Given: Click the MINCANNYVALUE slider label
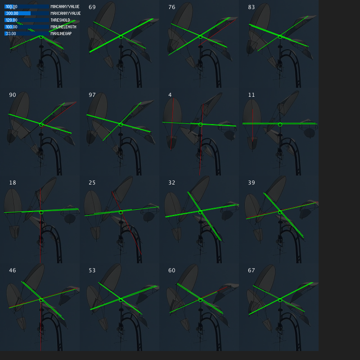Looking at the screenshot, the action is [x=65, y=7].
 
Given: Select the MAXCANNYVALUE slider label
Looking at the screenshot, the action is [x=65, y=13].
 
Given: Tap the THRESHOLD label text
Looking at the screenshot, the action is [x=60, y=20].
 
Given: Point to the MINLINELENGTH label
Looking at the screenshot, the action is [x=63, y=27].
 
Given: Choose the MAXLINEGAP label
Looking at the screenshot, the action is [x=61, y=34].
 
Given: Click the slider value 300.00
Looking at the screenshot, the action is [x=12, y=13].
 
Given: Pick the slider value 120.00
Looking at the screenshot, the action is [x=12, y=20].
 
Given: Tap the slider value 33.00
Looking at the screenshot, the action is [x=11, y=34].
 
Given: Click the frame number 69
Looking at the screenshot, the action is [x=92, y=7].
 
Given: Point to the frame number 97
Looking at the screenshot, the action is [x=92, y=95].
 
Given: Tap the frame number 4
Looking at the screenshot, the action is [x=170, y=95].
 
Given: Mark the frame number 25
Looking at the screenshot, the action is [x=92, y=183].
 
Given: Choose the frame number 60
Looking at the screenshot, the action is [x=172, y=270].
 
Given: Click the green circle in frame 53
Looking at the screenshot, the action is [x=121, y=300].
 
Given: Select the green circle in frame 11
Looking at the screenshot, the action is [x=280, y=124].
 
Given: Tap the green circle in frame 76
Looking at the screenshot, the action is [x=200, y=36].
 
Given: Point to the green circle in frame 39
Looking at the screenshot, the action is [x=280, y=212].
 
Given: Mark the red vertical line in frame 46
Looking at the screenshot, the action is [x=41, y=328].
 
